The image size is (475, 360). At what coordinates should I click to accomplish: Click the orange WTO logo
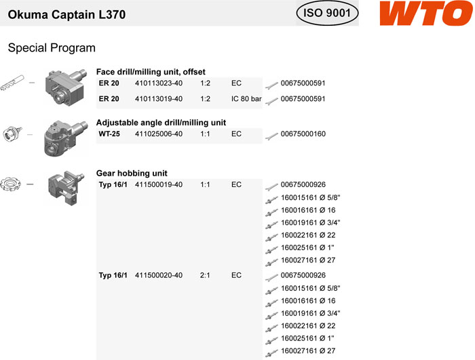[426, 13]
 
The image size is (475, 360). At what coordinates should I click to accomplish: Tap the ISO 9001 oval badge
[327, 13]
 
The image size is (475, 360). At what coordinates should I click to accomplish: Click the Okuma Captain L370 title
[66, 14]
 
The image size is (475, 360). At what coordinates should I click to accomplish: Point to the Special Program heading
[52, 48]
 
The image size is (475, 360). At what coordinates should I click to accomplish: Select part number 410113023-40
[159, 83]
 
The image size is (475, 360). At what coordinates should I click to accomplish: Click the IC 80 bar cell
[246, 99]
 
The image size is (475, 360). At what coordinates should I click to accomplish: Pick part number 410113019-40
[159, 99]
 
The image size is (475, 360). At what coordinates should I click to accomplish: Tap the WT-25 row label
[109, 134]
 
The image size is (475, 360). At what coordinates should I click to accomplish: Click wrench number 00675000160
[303, 134]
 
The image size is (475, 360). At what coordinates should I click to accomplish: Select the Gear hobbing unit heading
[132, 173]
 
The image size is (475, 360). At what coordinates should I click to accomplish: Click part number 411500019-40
[159, 184]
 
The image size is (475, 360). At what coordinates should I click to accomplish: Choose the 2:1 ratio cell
[205, 275]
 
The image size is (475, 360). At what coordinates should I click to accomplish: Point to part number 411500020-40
[159, 275]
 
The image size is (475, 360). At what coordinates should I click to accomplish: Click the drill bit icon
[12, 82]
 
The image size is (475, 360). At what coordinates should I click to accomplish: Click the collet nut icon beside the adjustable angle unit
[12, 134]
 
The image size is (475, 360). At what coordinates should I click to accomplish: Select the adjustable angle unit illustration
[66, 138]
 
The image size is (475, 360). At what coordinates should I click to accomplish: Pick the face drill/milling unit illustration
[66, 87]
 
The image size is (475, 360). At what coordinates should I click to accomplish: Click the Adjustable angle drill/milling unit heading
[161, 123]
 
